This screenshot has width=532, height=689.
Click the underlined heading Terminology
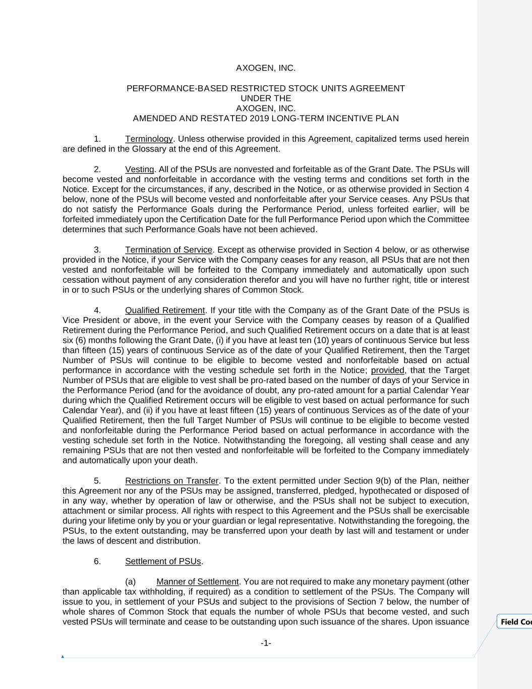[x=149, y=139]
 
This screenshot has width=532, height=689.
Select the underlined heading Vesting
[x=139, y=169]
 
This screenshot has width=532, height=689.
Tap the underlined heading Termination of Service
[x=168, y=250]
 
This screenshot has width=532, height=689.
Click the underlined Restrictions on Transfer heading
[x=171, y=481]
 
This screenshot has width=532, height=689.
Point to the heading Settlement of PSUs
[x=163, y=561]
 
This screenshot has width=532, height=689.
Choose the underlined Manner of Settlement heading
[x=197, y=581]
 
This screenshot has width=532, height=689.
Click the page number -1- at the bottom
[x=266, y=643]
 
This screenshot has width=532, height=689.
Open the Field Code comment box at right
[x=515, y=622]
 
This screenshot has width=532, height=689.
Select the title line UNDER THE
[x=266, y=98]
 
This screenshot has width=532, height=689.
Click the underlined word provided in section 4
[x=387, y=370]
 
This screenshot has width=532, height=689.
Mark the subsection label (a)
[x=130, y=581]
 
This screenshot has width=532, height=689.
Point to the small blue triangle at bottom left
[x=63, y=657]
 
